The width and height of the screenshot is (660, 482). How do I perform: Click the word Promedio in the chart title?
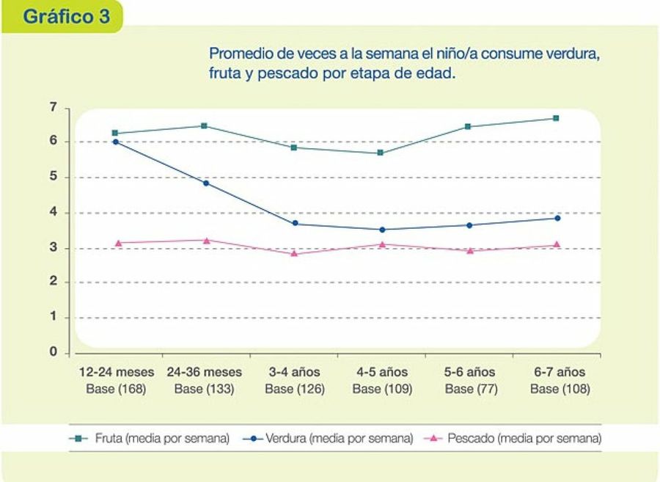(241, 54)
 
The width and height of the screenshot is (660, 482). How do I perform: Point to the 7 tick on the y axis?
(53, 108)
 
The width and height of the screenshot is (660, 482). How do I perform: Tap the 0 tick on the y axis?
(53, 352)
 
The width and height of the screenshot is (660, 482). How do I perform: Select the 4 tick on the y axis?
(53, 213)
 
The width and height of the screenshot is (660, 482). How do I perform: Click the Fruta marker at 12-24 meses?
(115, 134)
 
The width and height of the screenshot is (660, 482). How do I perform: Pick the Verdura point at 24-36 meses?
(206, 183)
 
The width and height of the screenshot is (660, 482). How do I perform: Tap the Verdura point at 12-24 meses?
(115, 142)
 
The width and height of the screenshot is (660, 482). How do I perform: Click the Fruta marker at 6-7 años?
(556, 118)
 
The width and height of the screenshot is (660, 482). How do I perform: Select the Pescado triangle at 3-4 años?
(294, 253)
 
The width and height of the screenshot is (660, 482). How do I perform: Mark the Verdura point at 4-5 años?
(381, 230)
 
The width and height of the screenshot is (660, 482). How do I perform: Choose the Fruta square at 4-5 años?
(381, 153)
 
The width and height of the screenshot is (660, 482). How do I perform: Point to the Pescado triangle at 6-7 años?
(557, 244)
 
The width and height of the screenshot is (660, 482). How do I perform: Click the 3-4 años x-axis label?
(294, 372)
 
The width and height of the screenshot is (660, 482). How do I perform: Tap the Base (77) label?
(471, 389)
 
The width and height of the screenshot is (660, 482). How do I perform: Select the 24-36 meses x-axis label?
(204, 372)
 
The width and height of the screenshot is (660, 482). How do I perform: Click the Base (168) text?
(116, 389)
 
